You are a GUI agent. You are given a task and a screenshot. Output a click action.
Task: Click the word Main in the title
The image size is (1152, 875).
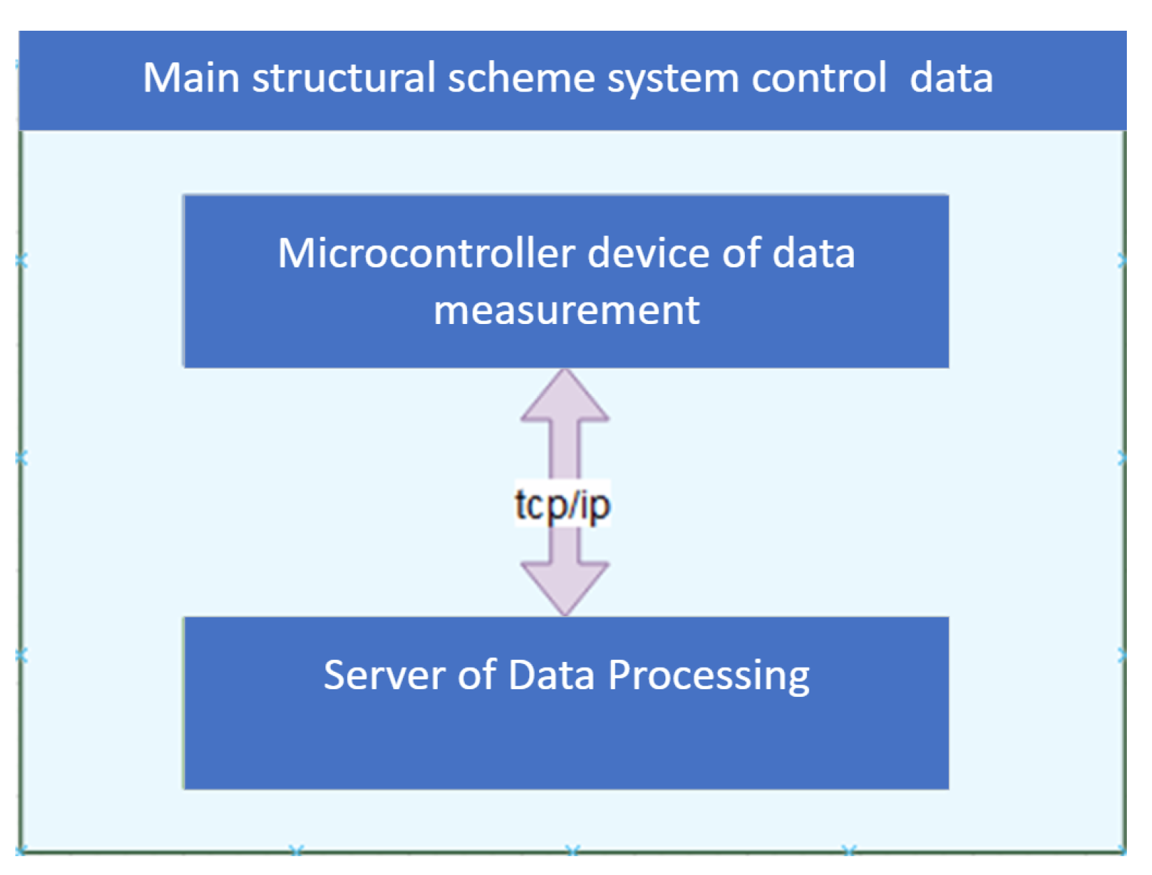[191, 78]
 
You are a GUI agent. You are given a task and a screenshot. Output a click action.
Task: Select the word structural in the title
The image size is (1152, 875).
[343, 78]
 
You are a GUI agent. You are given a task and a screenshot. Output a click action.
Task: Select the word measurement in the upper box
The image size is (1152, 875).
[566, 310]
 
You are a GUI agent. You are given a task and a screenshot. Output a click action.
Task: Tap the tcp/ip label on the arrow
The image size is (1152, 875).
[563, 505]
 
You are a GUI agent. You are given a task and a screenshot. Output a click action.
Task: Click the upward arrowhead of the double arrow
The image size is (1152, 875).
[565, 398]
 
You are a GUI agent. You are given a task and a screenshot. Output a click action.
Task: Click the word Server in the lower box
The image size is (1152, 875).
[385, 675]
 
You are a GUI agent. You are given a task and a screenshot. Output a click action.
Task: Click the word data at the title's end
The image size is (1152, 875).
[951, 78]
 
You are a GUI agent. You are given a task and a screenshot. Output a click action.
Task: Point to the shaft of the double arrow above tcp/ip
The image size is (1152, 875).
[565, 450]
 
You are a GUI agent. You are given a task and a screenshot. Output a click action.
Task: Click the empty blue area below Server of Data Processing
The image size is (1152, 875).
[566, 747]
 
